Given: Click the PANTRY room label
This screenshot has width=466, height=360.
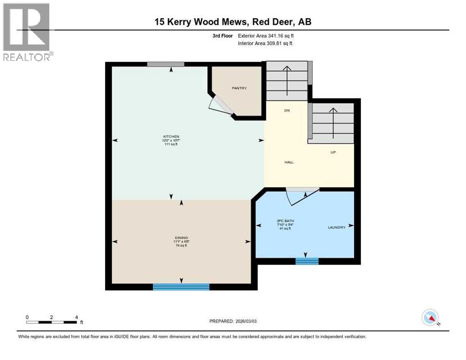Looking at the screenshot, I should (239, 88).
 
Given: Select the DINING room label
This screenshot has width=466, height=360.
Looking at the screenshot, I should (181, 238).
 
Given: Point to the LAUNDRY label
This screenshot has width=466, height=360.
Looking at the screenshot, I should (336, 227).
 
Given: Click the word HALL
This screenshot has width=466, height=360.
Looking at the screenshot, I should (289, 162).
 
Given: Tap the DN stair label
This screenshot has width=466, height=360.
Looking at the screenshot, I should (286, 111).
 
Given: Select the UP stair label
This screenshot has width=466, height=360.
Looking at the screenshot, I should (333, 152).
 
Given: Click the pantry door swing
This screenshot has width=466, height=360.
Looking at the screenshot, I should (220, 106).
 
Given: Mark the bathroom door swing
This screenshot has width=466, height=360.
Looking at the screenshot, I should (300, 195).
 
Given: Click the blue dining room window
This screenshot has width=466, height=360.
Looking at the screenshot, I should (181, 287).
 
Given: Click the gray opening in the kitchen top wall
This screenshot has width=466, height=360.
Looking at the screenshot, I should (165, 64).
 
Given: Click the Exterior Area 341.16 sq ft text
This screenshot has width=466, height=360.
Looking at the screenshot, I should (266, 36).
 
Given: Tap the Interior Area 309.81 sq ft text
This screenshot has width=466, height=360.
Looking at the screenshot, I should (266, 44).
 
